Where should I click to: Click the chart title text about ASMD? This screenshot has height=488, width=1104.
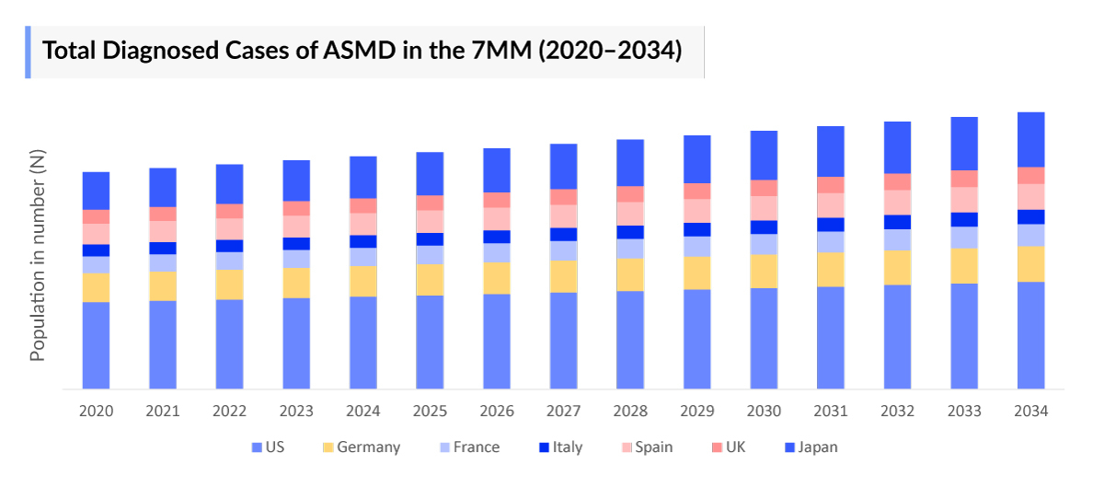(362, 51)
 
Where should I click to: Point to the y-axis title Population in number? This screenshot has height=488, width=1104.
(38, 255)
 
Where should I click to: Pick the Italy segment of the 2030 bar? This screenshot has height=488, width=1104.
(764, 227)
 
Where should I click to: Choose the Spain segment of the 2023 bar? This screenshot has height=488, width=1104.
(296, 227)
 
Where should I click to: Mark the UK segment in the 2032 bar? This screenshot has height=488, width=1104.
(897, 181)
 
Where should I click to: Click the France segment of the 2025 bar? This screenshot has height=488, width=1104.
(430, 255)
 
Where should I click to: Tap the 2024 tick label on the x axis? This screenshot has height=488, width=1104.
(362, 412)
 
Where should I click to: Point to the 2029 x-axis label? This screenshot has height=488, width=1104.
(696, 412)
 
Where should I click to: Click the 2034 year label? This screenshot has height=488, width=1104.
(1030, 412)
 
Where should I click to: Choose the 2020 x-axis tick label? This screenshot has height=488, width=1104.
(96, 412)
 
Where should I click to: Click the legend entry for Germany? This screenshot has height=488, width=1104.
(367, 447)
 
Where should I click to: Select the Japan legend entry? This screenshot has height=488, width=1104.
(817, 447)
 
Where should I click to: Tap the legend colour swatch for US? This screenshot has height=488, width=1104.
(257, 447)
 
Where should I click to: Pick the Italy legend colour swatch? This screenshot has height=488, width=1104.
(544, 447)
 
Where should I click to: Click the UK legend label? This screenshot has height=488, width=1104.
(735, 447)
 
